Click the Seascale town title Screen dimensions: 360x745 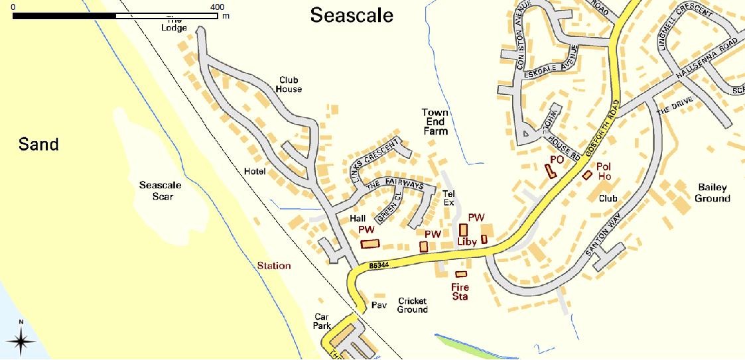tap(352, 16)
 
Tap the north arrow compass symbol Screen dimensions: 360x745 tap(21, 340)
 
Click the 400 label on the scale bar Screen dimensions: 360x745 tap(217, 6)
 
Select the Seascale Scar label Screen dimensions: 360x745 tap(160, 190)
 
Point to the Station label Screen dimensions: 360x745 tap(274, 266)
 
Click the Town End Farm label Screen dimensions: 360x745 tap(435, 122)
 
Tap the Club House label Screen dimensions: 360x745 tap(290, 84)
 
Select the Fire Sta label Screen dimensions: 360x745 tap(460, 292)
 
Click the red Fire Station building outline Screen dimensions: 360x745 tap(461, 274)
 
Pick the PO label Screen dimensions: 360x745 tap(556, 160)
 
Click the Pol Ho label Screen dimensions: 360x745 tap(604, 171)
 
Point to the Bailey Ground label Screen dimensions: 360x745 tap(712, 193)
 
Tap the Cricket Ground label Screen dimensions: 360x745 tap(413, 305)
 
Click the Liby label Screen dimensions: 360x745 tap(467, 243)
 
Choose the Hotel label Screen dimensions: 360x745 tap(255, 172)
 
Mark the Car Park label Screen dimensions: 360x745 tap(322, 322)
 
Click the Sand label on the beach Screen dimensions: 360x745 tap(38, 144)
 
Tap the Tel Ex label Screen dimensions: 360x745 tap(448, 198)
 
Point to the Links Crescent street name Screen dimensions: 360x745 tap(376, 161)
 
